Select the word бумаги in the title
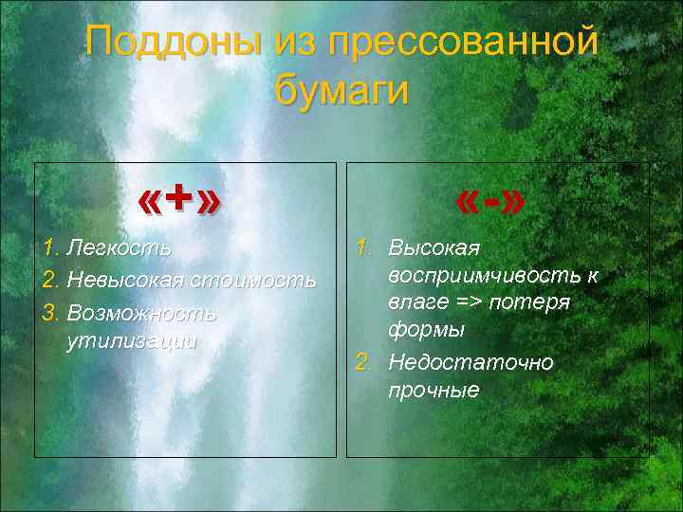coord(341,91)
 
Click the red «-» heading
coord(490,201)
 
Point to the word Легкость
coord(120,249)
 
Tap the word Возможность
coord(142,312)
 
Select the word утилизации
coord(132,341)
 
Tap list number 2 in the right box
coord(362,363)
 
